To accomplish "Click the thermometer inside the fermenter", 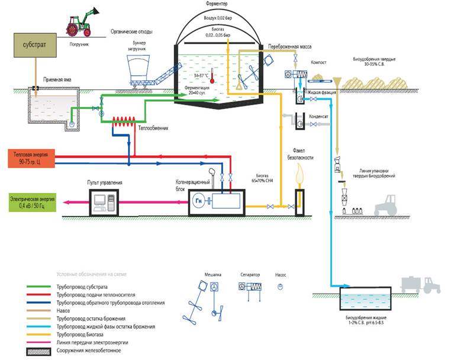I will tap(211, 81).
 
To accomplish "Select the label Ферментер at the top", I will tap(220, 4).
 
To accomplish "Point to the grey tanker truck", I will tap(420, 284).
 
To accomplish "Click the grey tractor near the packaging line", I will tap(388, 204).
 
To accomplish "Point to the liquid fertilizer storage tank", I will tap(365, 298).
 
